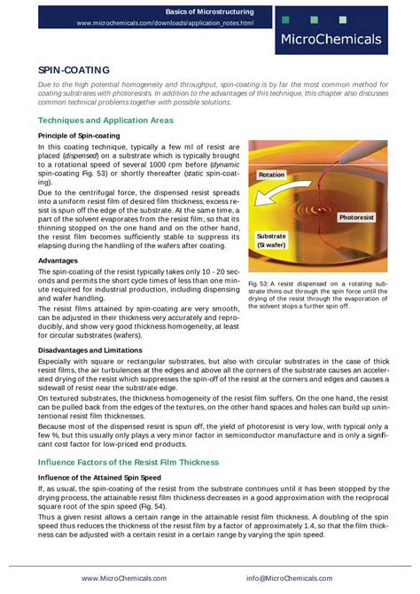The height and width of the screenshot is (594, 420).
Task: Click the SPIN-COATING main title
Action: point(74,68)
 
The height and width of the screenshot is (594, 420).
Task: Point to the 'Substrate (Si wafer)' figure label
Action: point(272,242)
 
